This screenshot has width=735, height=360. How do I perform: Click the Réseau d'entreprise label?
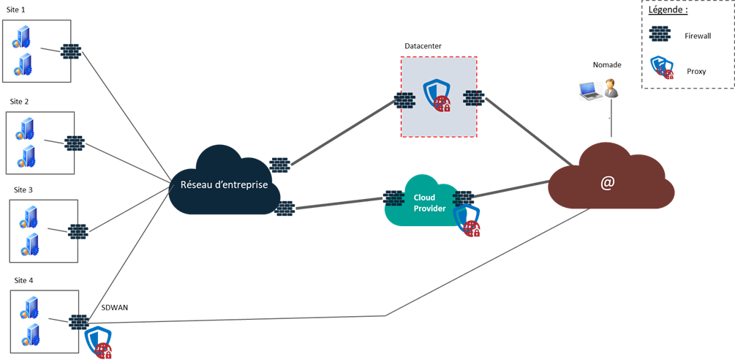pyautogui.click(x=224, y=185)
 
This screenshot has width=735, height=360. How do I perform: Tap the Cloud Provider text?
pyautogui.click(x=424, y=203)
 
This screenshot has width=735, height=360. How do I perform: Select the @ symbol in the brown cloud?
pyautogui.click(x=607, y=184)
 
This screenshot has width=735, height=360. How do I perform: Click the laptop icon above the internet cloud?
pyautogui.click(x=589, y=90)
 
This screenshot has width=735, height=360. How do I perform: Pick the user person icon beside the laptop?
pyautogui.click(x=611, y=89)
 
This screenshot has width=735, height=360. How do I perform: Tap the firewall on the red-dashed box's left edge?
pyautogui.click(x=404, y=100)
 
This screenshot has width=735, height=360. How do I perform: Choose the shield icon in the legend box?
pyautogui.click(x=662, y=67)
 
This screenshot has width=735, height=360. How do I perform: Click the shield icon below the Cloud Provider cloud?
pyautogui.click(x=468, y=221)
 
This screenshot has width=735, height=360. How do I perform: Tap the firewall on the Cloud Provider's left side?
pyautogui.click(x=393, y=198)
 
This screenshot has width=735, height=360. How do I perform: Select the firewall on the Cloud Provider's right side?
pyautogui.click(x=463, y=197)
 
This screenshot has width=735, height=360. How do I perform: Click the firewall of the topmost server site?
pyautogui.click(x=70, y=52)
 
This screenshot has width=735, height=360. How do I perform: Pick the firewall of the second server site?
pyautogui.click(x=74, y=143)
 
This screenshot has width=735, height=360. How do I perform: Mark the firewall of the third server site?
pyautogui.click(x=78, y=231)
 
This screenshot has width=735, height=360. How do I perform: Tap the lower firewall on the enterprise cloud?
pyautogui.click(x=284, y=209)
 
